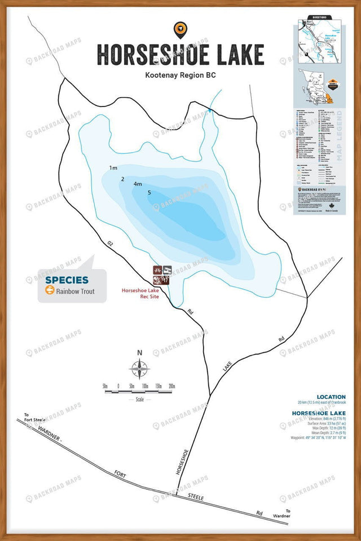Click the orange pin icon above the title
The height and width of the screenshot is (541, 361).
[180, 29]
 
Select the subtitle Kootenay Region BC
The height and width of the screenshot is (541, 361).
[180, 74]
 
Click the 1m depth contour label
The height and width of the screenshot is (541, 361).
[113, 168]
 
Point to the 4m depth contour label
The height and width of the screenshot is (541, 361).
[138, 184]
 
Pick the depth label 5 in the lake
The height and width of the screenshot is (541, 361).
[149, 193]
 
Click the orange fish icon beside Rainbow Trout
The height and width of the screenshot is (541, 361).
[50, 291]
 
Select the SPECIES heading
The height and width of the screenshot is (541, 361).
[67, 280]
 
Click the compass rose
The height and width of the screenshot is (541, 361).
[139, 370]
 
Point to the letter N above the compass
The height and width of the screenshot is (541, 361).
[139, 353]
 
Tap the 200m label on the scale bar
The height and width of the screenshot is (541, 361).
[172, 386]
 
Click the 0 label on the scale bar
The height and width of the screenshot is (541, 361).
[118, 386]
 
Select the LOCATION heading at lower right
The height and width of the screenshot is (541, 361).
[331, 397]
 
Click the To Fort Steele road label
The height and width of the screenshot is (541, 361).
[34, 418]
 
